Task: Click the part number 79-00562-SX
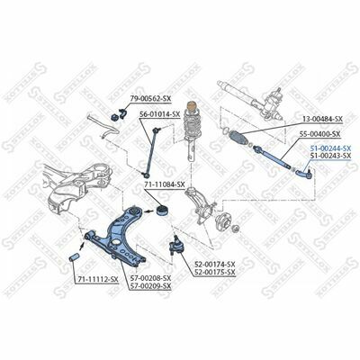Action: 150,98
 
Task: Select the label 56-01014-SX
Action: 159,114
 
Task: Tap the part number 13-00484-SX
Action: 322,119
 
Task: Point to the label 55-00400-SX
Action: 319,134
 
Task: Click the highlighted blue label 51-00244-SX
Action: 330,148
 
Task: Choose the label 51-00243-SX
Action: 330,156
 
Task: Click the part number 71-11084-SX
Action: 165,184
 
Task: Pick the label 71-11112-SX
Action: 98,280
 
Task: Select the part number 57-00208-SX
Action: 150,278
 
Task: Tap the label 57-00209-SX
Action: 150,286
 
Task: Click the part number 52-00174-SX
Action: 215,265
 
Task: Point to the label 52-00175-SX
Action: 215,272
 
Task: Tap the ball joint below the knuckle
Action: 175,244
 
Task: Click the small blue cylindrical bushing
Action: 74,257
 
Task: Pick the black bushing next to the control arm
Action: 163,211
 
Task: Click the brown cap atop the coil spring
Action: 192,106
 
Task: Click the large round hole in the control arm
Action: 115,242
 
